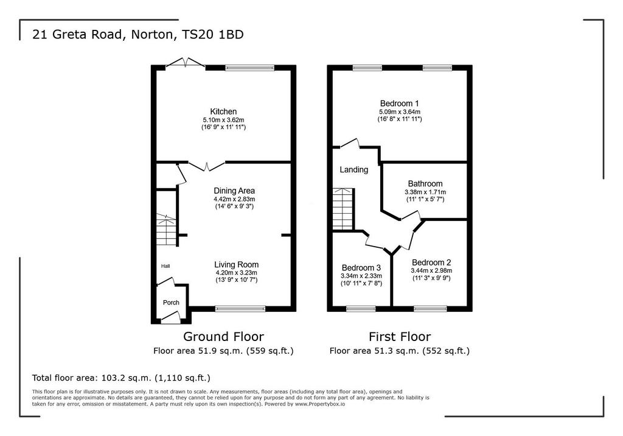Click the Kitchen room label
[223, 112]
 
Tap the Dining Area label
[234, 191]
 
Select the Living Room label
[237, 264]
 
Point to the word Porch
[171, 303]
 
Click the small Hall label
[165, 266]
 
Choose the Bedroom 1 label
[399, 104]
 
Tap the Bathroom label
[425, 184]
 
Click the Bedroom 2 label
[431, 262]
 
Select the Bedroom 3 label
[361, 268]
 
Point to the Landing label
[353, 170]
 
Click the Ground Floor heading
[223, 337]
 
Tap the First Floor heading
[400, 337]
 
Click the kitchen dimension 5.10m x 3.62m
[223, 120]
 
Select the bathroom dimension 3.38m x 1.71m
[425, 192]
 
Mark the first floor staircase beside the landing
[343, 209]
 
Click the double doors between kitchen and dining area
[207, 167]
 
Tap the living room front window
[240, 308]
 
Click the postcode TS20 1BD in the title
[212, 35]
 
